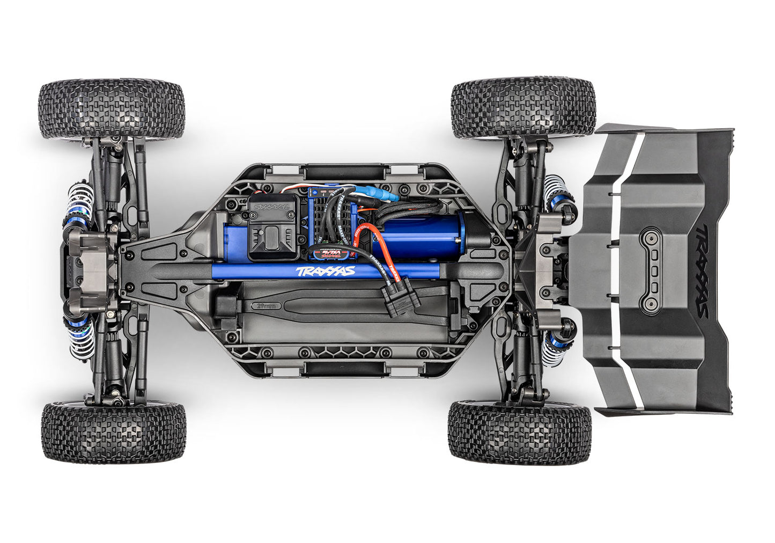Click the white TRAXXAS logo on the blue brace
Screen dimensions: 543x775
click(325, 270)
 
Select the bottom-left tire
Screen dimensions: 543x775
click(113, 432)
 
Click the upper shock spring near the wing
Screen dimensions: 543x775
click(552, 192)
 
